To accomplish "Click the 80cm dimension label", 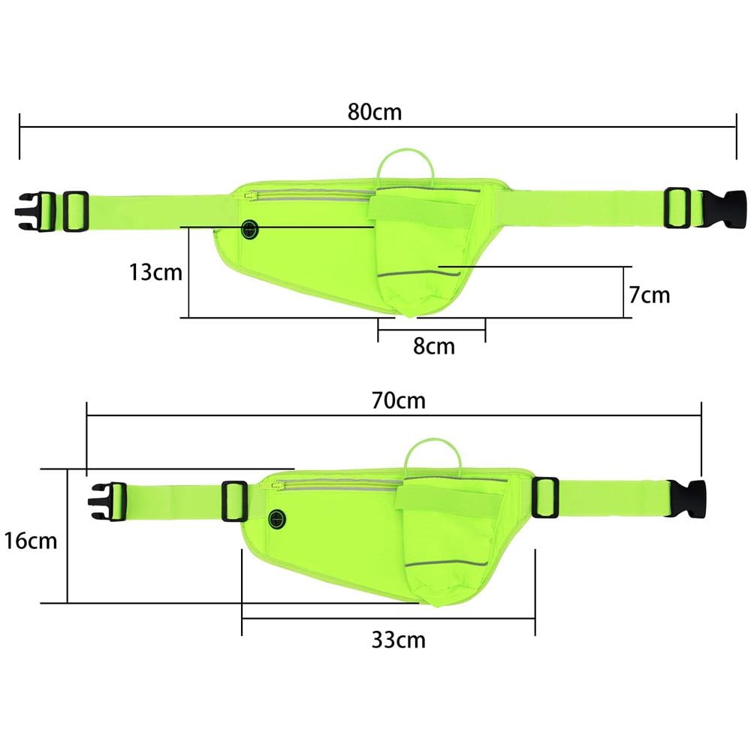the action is click(x=375, y=112).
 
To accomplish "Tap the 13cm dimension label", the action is click(x=155, y=273).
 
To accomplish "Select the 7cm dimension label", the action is click(x=650, y=294).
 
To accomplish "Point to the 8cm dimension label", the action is click(x=434, y=345).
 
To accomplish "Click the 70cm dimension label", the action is click(x=399, y=400).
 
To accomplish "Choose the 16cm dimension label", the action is click(x=31, y=541).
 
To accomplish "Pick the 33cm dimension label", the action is click(x=399, y=639).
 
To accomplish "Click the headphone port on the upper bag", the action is click(x=249, y=230).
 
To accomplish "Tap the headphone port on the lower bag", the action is click(x=277, y=519).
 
